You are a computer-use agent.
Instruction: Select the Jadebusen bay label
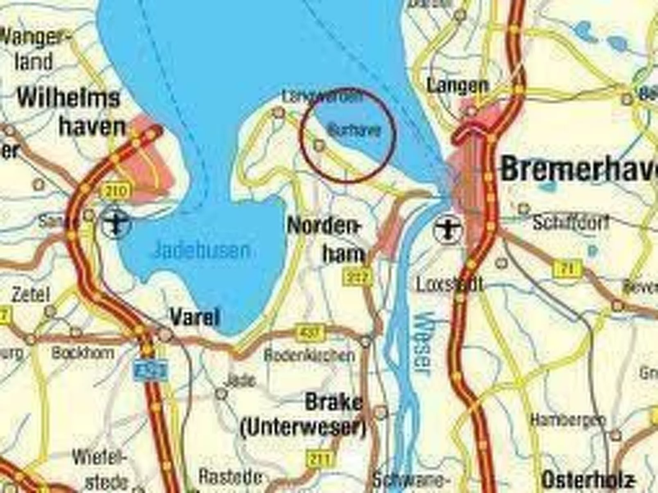coord(201,250)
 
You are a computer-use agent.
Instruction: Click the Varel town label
coord(195,317)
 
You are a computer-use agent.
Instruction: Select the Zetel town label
coord(31,295)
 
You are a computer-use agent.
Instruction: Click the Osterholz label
coord(588,479)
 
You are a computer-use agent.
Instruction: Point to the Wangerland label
coord(35,49)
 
